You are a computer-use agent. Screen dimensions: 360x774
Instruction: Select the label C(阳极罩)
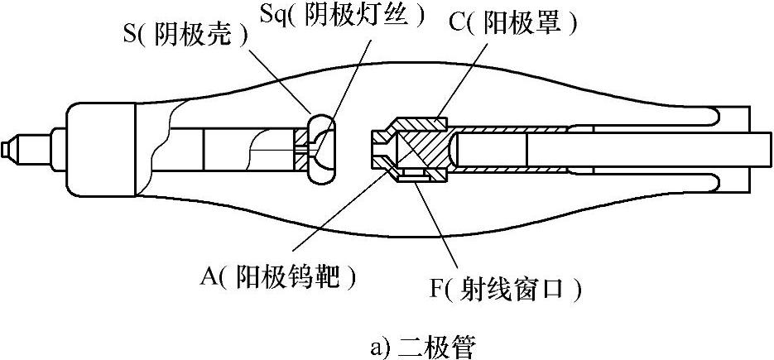(x=513, y=22)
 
